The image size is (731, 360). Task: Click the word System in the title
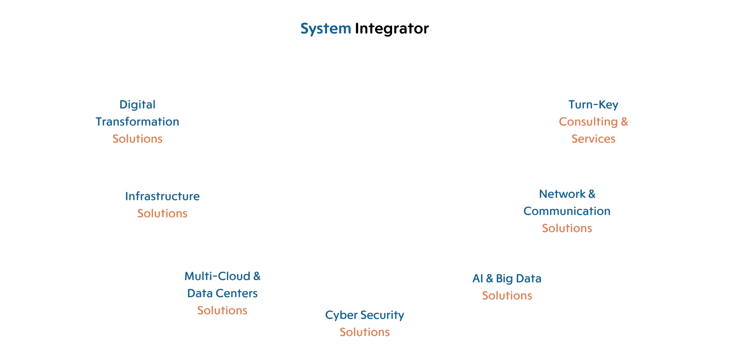326,29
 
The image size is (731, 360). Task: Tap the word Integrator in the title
392,29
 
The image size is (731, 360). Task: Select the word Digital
137,105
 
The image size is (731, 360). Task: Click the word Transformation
137,122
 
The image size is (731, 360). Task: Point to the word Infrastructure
163,196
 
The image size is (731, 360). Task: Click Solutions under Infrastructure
163,213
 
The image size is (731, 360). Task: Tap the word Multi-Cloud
217,276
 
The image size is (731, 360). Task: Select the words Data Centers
222,293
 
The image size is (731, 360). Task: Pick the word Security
382,315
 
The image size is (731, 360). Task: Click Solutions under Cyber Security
365,332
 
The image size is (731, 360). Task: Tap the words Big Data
519,279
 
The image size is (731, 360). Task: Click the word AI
478,279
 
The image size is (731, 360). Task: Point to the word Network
562,194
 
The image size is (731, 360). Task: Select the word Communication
567,211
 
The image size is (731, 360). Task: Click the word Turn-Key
593,105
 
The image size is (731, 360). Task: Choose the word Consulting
588,122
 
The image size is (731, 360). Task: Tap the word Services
593,139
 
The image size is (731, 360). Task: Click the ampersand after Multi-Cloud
257,276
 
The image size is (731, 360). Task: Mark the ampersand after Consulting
624,122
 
